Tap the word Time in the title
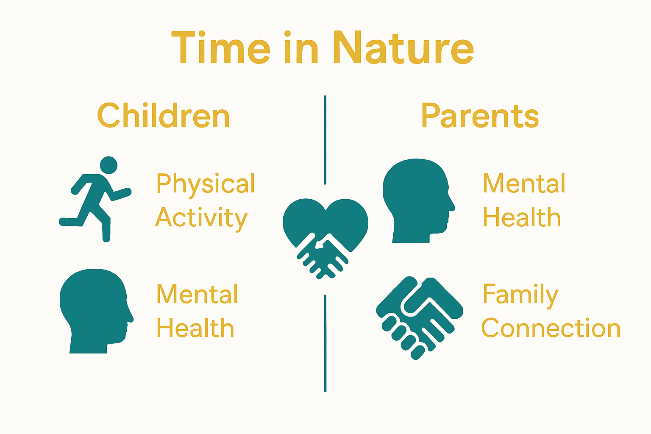[221, 48]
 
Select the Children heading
[163, 116]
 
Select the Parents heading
[480, 116]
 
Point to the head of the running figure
[108, 165]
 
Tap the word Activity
[201, 218]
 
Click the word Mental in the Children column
[197, 294]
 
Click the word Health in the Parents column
[522, 218]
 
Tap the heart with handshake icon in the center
[325, 235]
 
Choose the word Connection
[551, 328]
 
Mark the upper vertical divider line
[325, 140]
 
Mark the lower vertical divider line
[325, 343]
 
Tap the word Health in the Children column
[195, 328]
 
